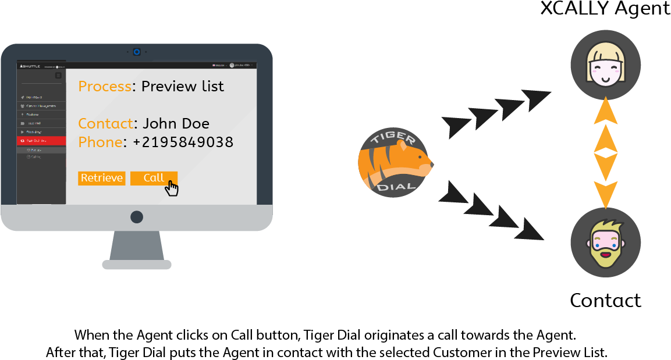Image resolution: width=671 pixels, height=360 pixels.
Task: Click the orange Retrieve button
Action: click(101, 178)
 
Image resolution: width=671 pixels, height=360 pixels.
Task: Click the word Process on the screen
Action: click(105, 87)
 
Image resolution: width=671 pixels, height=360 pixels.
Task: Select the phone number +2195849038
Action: click(183, 142)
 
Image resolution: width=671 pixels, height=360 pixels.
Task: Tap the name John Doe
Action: click(176, 124)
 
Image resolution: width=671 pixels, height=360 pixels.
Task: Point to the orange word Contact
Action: click(105, 124)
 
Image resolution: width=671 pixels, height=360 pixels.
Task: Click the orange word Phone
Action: click(100, 142)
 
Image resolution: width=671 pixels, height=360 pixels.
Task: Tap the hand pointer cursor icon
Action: click(172, 188)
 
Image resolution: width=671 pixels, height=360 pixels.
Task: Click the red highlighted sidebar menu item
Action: click(41, 141)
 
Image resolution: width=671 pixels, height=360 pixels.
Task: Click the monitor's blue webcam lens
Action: click(137, 52)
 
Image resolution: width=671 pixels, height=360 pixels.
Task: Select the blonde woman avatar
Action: click(605, 65)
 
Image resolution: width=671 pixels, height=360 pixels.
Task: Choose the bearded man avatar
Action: click(605, 242)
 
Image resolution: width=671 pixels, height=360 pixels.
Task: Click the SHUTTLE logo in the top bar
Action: click(30, 66)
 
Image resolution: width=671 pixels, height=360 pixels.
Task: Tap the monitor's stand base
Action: click(137, 265)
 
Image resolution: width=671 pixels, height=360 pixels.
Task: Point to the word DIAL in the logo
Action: click(396, 187)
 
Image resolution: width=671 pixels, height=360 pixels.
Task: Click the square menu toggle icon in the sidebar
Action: click(58, 76)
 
